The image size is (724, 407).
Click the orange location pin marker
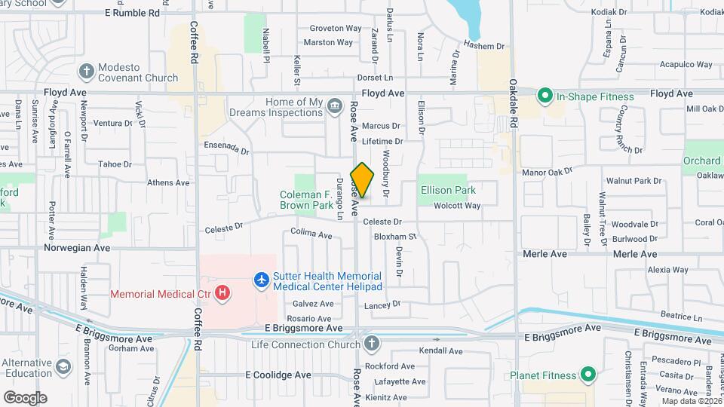pos(363,181)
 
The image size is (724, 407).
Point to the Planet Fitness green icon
pos(587,375)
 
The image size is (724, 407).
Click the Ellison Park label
pos(448,191)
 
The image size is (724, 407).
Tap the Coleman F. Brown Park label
pos(306,199)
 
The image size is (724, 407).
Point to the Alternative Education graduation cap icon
pos(63,367)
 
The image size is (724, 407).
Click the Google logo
pos(25,398)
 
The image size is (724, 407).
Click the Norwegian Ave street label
pos(77,247)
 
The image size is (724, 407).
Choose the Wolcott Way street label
pos(457,206)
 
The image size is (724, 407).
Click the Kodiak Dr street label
pos(610,12)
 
